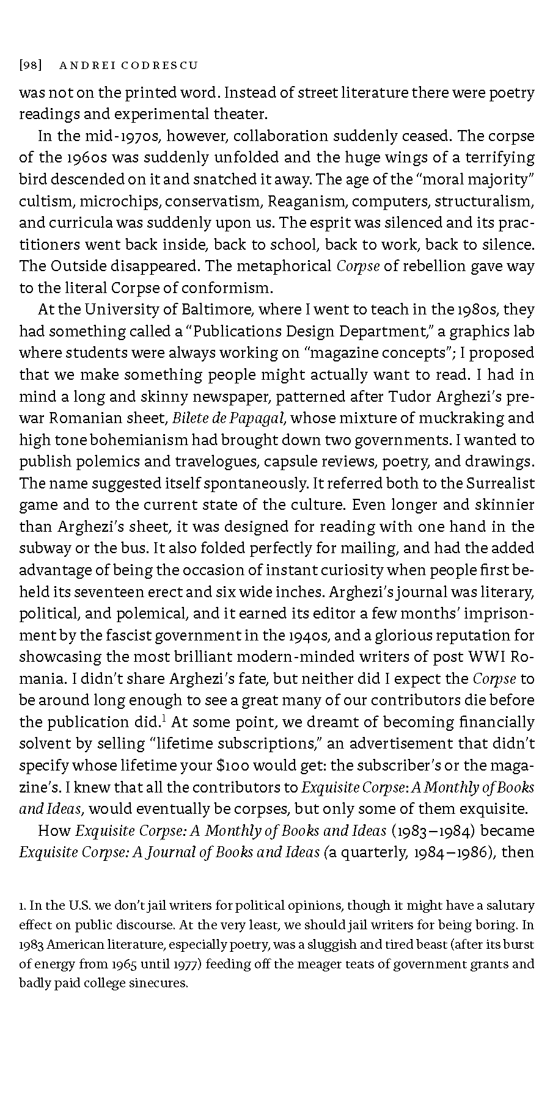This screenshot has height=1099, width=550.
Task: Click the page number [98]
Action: click(30, 65)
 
